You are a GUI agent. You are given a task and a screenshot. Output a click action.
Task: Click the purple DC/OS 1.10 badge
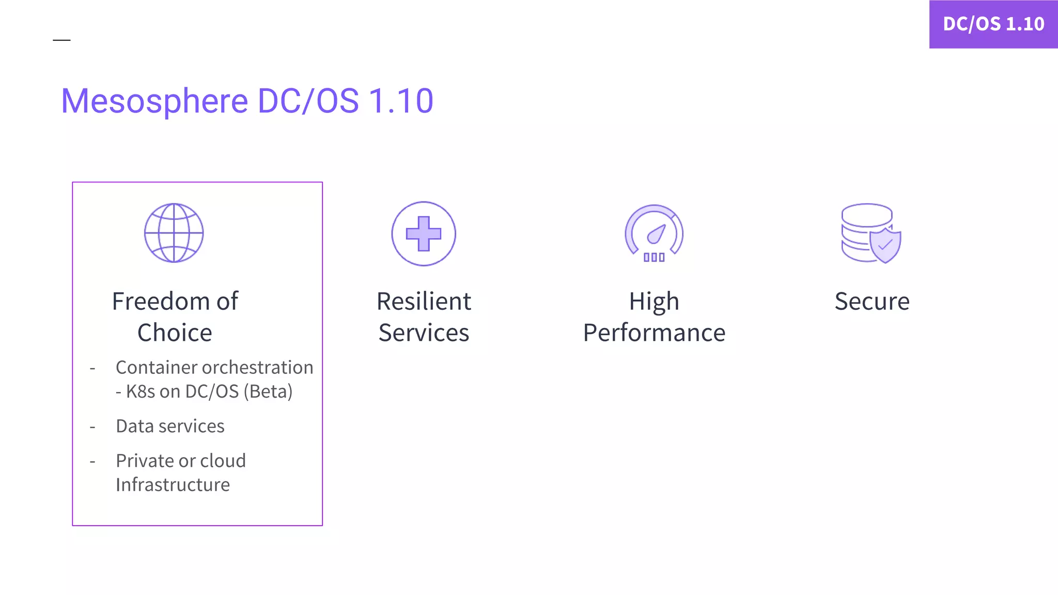point(993,24)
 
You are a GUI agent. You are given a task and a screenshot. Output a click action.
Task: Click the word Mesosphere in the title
point(154,101)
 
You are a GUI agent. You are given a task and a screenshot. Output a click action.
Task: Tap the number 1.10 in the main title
point(401,101)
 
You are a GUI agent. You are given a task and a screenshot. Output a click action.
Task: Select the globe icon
point(174,233)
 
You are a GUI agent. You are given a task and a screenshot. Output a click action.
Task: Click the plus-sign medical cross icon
point(424,233)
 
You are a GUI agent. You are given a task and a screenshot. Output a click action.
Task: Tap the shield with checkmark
point(885,244)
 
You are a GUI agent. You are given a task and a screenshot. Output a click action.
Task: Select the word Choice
point(175,333)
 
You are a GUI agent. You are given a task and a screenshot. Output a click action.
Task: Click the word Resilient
point(424,302)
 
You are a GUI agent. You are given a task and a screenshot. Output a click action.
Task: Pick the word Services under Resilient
point(424,333)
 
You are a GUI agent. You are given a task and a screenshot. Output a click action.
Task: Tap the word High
point(654,302)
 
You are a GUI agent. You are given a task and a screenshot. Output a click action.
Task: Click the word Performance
point(654,333)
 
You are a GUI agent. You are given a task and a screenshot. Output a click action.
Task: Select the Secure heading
point(872,302)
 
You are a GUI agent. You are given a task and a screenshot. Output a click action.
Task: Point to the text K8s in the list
point(141,392)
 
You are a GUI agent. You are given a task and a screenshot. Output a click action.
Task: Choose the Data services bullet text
point(170,426)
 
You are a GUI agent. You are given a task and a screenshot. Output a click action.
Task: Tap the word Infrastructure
point(173,485)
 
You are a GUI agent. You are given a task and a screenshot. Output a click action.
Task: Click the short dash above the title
point(61,40)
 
